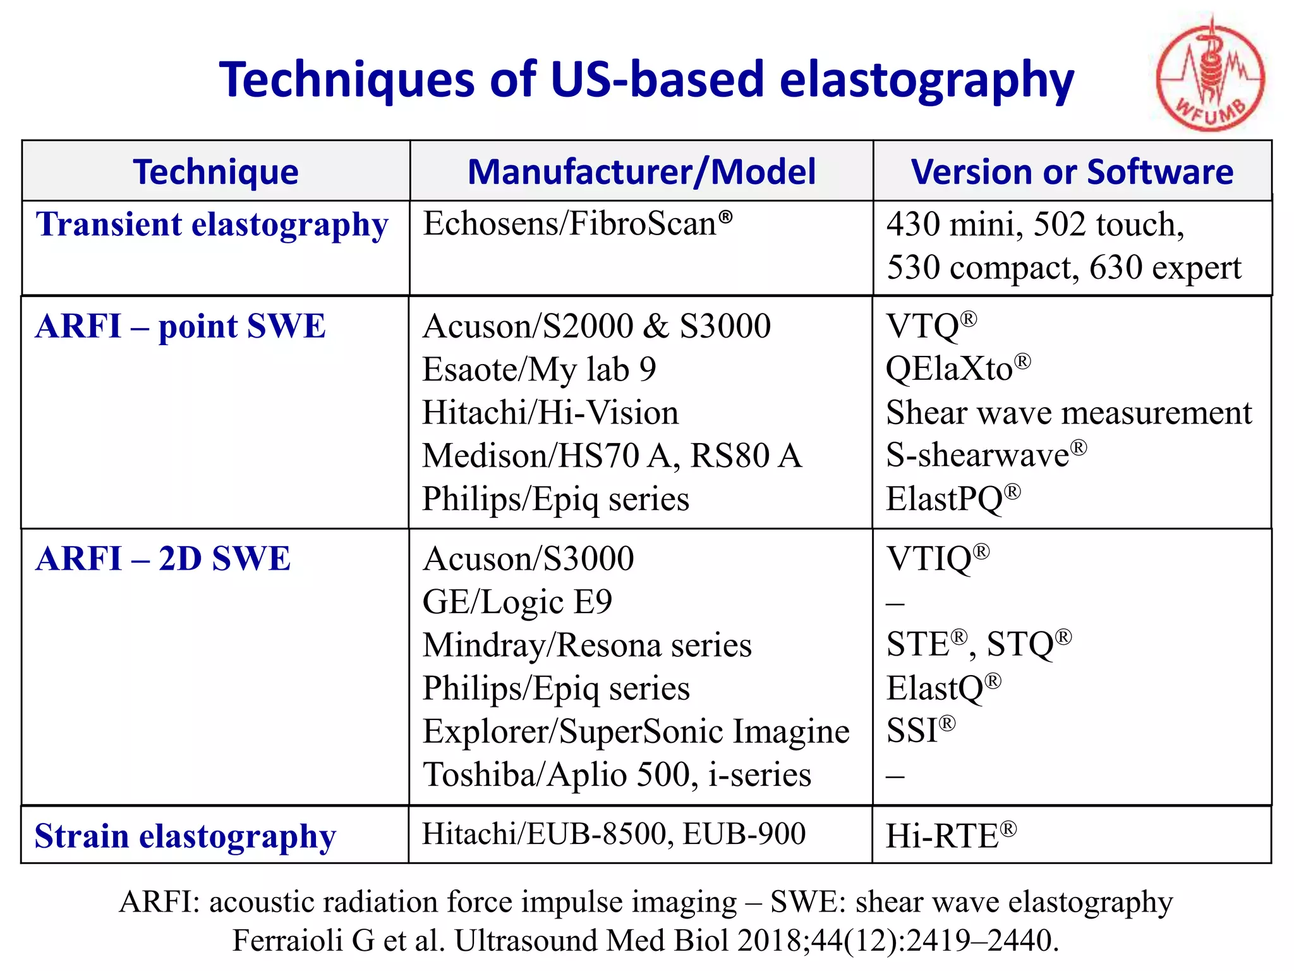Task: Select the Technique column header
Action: [215, 172]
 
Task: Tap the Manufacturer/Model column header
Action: [641, 172]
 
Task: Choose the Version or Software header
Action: [1072, 172]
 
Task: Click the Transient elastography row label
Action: [212, 225]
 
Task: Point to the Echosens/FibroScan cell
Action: [577, 224]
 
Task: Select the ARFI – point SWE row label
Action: [180, 327]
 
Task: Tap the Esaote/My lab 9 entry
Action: [539, 370]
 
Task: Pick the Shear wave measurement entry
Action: [1068, 413]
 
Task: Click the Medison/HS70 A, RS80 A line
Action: [612, 456]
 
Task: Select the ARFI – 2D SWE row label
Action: [163, 559]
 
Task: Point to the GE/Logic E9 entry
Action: [517, 602]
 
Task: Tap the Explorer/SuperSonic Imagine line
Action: [636, 731]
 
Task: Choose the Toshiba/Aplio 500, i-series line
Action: [617, 775]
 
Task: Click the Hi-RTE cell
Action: [950, 836]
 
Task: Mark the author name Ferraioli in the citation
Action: [288, 941]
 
